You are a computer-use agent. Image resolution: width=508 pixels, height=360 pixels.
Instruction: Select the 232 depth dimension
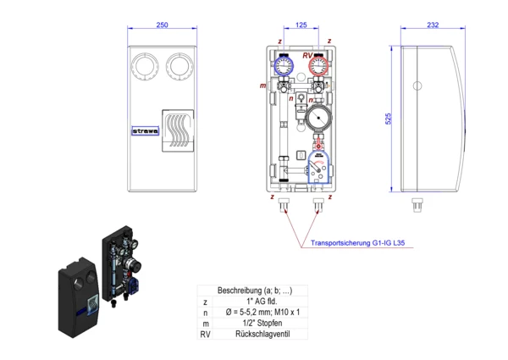pos(433,26)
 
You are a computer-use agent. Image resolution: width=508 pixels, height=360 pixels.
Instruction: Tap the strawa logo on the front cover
pos(146,131)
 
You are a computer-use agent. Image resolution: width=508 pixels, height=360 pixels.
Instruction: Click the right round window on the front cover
pos(180,65)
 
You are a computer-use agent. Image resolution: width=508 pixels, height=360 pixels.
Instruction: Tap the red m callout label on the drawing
pos(263,86)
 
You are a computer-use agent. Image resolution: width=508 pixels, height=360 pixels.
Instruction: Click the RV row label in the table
pos(205,334)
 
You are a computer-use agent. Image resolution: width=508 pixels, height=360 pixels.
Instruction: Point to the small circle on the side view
pos(417,86)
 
